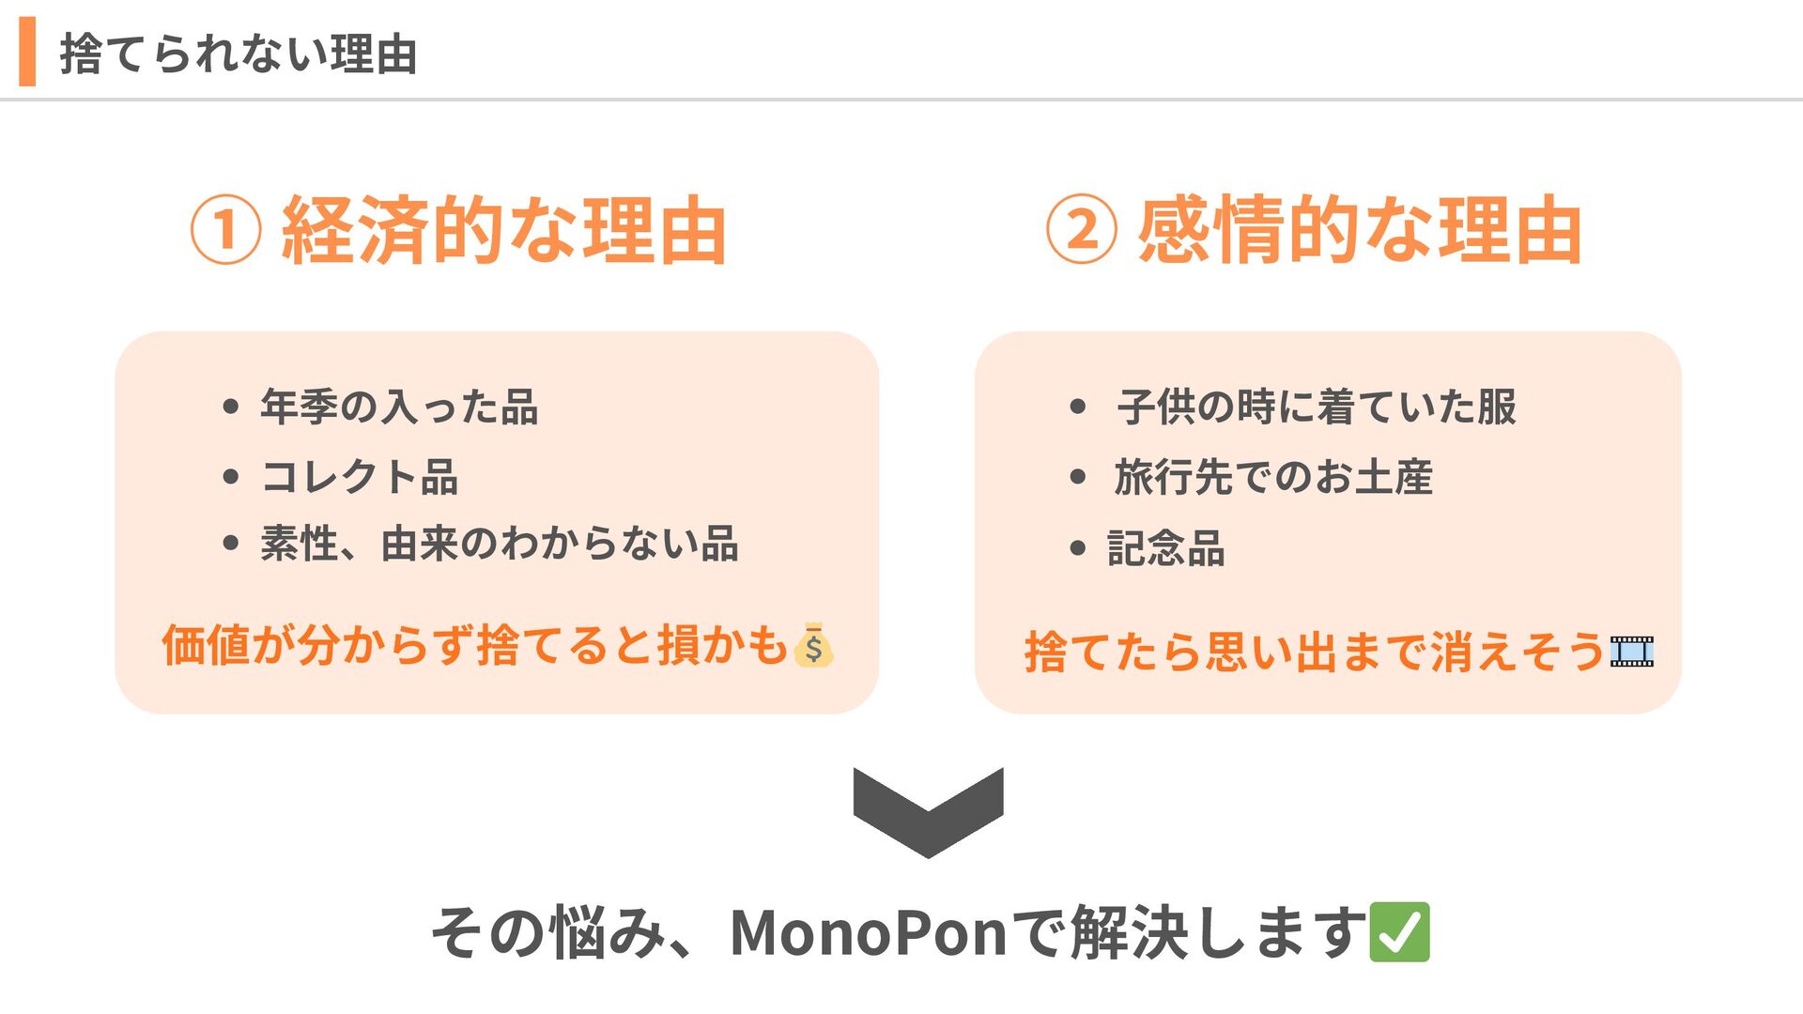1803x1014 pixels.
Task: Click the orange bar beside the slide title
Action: tap(27, 52)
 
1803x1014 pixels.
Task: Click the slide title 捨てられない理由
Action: tap(239, 54)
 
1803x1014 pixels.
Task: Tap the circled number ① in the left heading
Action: tap(225, 230)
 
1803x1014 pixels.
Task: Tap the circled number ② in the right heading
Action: tap(1082, 230)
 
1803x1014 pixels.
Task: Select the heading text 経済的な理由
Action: tap(504, 230)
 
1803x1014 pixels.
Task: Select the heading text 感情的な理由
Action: tap(1360, 230)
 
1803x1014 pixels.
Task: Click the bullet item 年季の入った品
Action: tap(399, 407)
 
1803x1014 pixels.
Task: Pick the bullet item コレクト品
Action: tap(360, 477)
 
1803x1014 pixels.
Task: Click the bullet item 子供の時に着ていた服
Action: tap(1317, 407)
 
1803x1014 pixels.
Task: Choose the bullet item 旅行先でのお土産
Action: tap(1273, 477)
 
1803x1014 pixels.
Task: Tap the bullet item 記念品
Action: tap(1166, 548)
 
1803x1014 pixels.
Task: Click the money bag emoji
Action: tap(813, 646)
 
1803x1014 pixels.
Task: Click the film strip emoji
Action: tap(1632, 651)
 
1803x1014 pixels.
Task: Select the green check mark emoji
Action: tap(1399, 932)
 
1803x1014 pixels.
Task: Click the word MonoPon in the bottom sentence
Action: tap(868, 933)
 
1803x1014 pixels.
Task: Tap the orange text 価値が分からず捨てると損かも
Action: tap(474, 645)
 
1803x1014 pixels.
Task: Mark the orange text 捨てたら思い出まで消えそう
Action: tap(1313, 651)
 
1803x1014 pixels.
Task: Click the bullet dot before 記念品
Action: tap(1077, 548)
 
